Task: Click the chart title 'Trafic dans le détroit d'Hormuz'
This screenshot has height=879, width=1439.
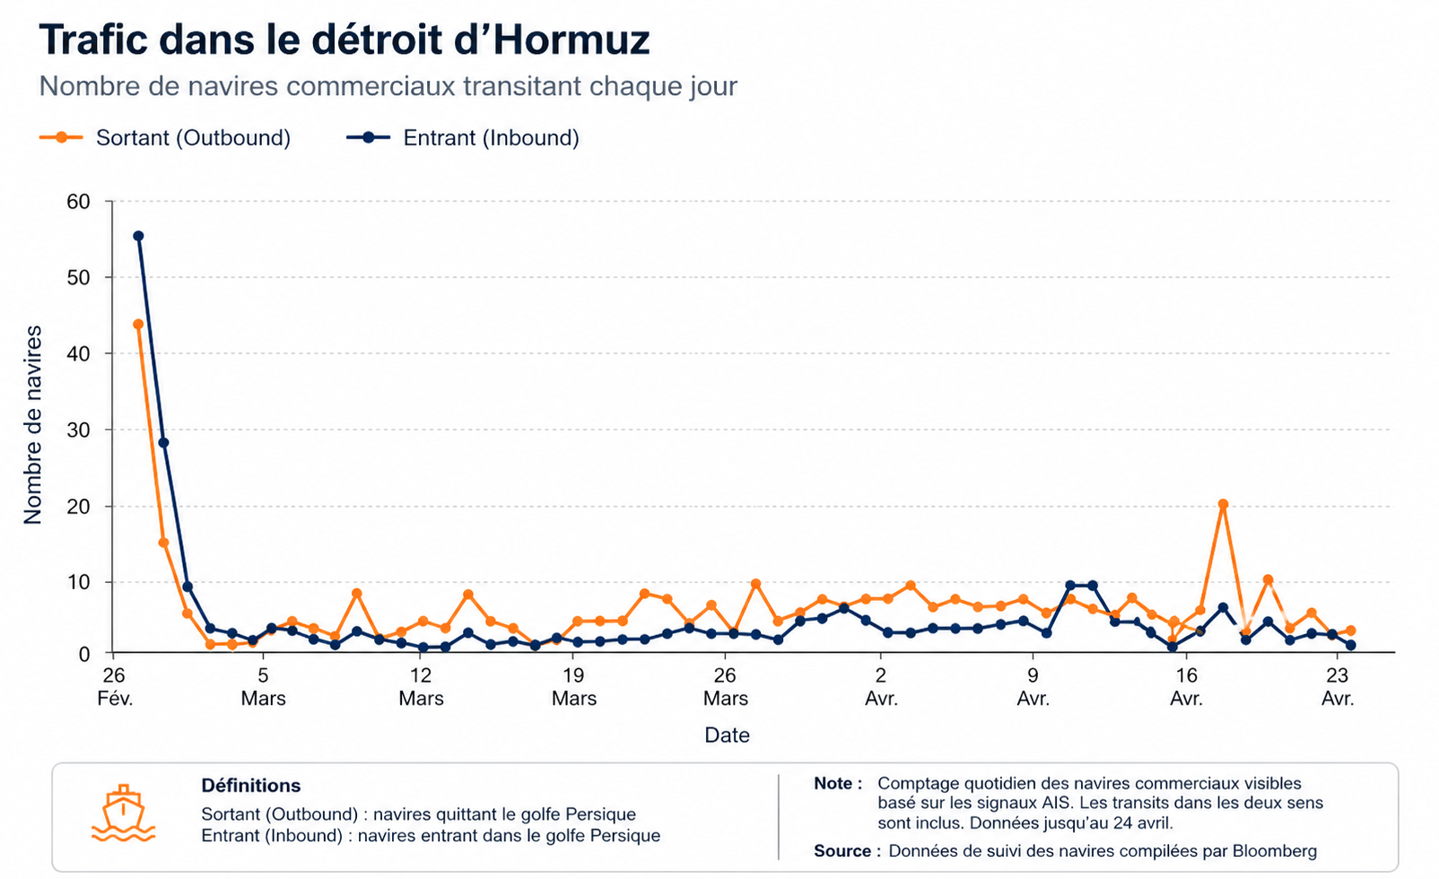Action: coord(344,40)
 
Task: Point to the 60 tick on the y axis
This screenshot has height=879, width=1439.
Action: coord(79,201)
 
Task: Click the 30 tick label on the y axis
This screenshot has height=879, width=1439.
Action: coord(79,430)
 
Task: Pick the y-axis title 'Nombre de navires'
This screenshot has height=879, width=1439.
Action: coord(33,425)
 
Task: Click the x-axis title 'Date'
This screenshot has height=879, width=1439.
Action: coord(727,735)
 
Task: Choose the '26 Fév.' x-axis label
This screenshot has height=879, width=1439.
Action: coord(114,687)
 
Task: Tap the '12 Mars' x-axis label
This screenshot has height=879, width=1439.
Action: coord(421,687)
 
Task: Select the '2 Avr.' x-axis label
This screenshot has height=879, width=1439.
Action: coord(881,687)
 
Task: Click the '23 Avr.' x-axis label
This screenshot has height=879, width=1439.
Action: coord(1337,687)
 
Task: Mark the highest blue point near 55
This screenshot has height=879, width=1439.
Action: coord(138,236)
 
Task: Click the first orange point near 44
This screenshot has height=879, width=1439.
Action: coord(138,324)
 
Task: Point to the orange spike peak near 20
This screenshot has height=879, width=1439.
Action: coord(1223,504)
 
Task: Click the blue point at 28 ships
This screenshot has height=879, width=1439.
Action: coord(163,442)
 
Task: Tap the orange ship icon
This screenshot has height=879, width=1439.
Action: coord(124,814)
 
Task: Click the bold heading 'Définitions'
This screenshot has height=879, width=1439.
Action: coord(251,786)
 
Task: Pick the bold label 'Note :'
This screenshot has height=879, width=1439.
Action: coord(838,783)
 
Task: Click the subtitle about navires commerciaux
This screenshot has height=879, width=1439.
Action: coord(388,86)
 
